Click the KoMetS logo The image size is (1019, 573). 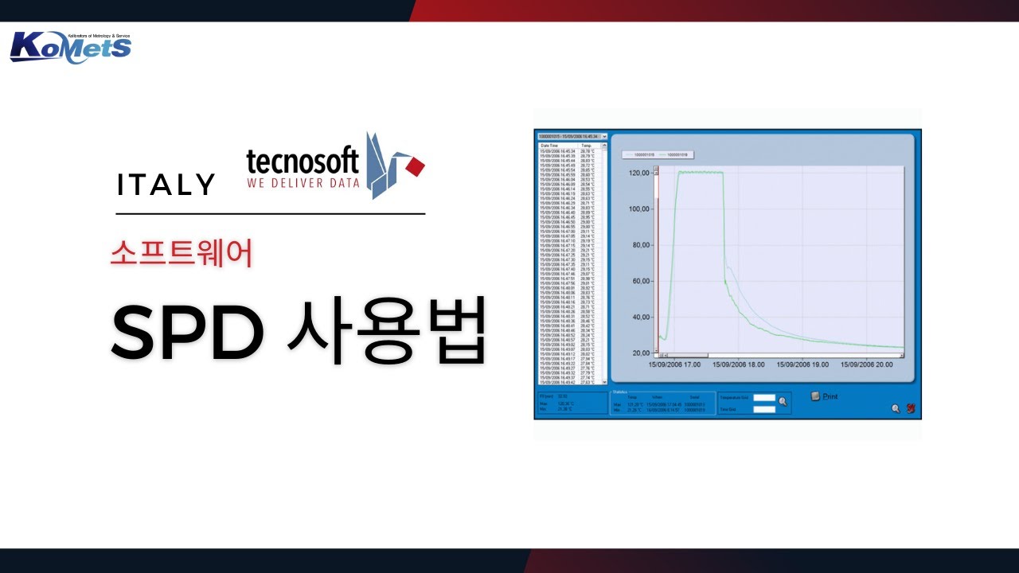[70, 47]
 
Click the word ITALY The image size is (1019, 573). [166, 185]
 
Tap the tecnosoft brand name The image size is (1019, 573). [303, 162]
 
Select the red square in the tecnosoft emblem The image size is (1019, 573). [415, 166]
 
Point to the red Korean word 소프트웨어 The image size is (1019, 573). [182, 253]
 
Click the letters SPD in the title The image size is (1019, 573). [187, 331]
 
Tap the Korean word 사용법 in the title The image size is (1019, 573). [385, 331]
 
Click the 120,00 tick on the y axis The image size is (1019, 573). [640, 173]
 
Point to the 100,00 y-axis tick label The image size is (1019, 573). [640, 209]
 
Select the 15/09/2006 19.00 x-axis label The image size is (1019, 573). [802, 364]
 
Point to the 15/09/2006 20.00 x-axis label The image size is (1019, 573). [866, 364]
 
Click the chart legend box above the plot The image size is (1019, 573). [656, 154]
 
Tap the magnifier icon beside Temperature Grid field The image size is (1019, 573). [783, 401]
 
